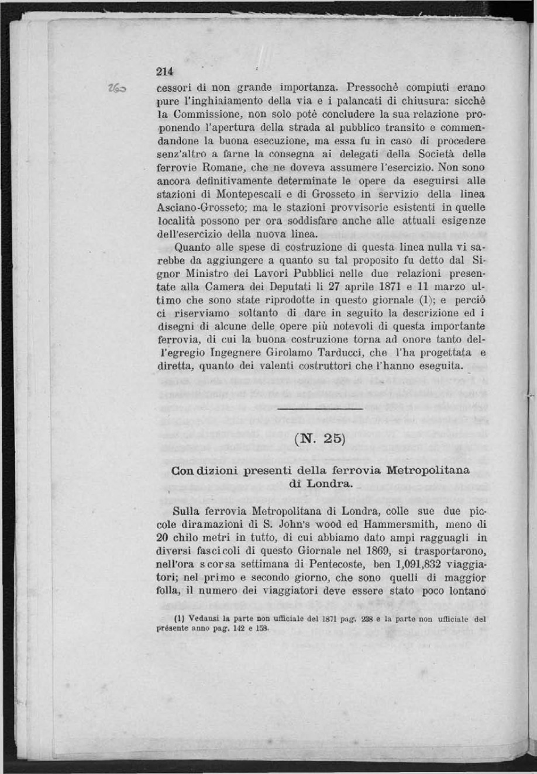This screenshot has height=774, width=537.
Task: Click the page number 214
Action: (x=166, y=72)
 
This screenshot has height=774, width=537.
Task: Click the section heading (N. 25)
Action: (x=319, y=437)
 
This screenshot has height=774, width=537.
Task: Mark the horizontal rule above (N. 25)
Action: (x=320, y=408)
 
